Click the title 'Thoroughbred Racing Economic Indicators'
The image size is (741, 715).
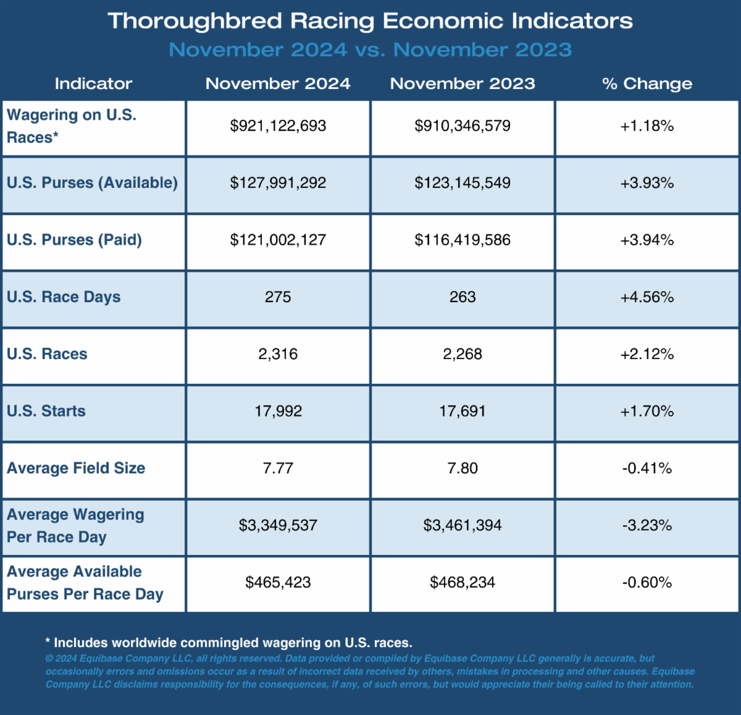371,21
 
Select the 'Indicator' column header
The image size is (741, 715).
93,83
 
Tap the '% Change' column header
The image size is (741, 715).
647,83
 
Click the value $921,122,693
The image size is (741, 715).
278,126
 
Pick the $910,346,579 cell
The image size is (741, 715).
463,126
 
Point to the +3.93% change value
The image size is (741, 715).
647,183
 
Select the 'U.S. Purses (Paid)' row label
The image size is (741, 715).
74,240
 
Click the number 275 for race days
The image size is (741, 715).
278,297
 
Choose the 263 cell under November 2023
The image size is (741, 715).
463,297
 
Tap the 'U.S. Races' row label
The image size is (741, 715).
47,354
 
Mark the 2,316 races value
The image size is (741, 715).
278,354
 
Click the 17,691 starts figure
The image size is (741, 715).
463,411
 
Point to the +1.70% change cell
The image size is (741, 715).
647,411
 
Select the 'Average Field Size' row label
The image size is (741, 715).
76,468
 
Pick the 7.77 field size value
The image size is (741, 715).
278,468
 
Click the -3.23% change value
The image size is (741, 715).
647,525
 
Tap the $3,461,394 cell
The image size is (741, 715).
463,525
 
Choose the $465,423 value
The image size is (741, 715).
278,582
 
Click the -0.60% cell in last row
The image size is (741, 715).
647,582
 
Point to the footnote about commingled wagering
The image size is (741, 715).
228,643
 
